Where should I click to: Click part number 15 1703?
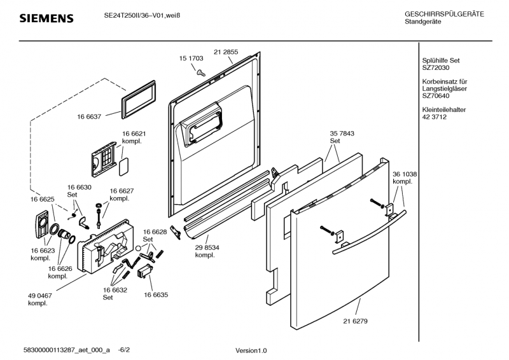tap(192, 58)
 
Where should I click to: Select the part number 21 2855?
tap(226, 52)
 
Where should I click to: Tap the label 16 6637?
tap(90, 117)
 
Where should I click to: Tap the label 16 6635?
tap(156, 295)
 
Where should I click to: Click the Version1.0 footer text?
tap(251, 350)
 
